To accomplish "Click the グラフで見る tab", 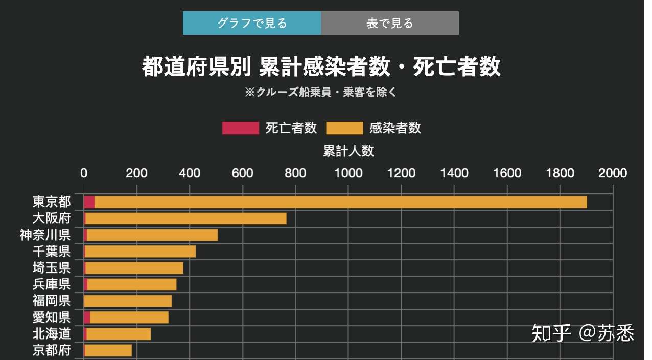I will pyautogui.click(x=252, y=23).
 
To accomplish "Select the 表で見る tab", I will pyautogui.click(x=389, y=23).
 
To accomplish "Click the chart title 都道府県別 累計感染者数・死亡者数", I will pyautogui.click(x=321, y=67).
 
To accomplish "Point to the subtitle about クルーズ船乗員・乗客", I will pyautogui.click(x=320, y=93).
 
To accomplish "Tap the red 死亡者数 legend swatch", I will pyautogui.click(x=240, y=128).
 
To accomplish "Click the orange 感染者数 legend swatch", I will pyautogui.click(x=344, y=128).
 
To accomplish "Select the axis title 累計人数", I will pyautogui.click(x=348, y=151).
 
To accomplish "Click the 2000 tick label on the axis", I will pyautogui.click(x=613, y=173).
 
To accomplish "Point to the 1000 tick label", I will pyautogui.click(x=348, y=173).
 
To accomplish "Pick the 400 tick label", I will pyautogui.click(x=190, y=173).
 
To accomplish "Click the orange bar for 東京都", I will pyautogui.click(x=340, y=202).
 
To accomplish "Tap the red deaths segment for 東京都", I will pyautogui.click(x=89, y=202).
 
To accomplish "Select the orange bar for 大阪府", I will pyautogui.click(x=186, y=218).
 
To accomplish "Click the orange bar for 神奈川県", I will pyautogui.click(x=152, y=235).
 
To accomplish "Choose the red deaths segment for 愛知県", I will pyautogui.click(x=87, y=318).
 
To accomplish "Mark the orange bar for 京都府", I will pyautogui.click(x=108, y=350).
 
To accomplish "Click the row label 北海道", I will pyautogui.click(x=51, y=334).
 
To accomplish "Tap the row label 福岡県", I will pyautogui.click(x=51, y=301).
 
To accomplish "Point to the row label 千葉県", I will pyautogui.click(x=51, y=252).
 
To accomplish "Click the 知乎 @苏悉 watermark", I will pyautogui.click(x=583, y=333).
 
